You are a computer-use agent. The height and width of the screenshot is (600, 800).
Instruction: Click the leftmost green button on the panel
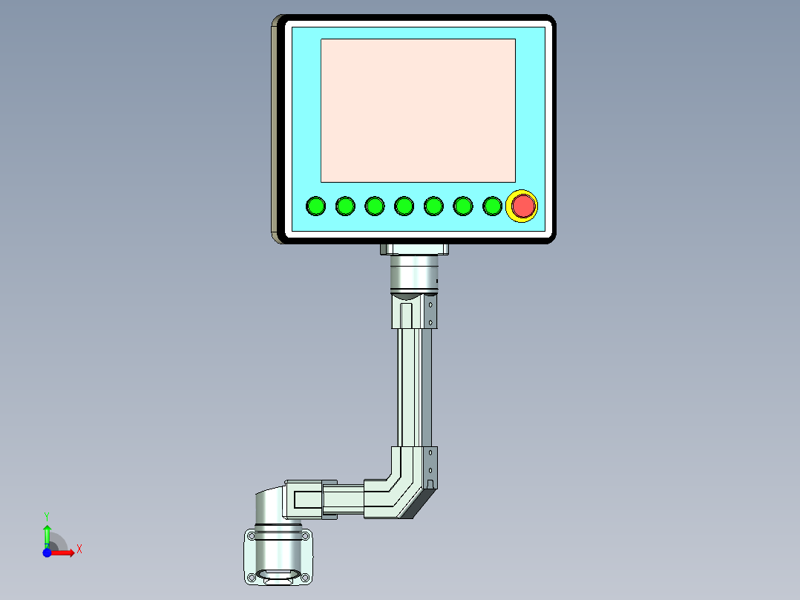(316, 206)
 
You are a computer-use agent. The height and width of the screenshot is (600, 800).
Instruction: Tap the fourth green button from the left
(404, 206)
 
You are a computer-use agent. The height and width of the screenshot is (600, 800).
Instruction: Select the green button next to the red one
(492, 206)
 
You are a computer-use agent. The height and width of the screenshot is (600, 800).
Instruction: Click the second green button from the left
(346, 206)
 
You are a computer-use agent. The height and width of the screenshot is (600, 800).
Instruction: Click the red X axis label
(79, 549)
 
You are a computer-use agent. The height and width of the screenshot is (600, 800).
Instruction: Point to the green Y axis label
(47, 515)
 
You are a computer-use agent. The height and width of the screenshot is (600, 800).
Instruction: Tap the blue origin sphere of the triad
(47, 553)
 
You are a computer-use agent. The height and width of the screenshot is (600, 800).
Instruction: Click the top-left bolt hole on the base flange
(251, 535)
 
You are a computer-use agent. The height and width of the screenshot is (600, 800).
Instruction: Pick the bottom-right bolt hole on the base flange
(304, 578)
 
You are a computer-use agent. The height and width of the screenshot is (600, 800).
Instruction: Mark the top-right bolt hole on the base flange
(304, 535)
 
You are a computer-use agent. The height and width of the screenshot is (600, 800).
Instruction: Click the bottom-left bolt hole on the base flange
(251, 578)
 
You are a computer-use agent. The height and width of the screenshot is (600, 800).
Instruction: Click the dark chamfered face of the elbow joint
(418, 505)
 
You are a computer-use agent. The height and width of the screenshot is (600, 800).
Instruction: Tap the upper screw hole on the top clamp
(431, 304)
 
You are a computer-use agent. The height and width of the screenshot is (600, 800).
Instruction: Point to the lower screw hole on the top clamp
(431, 322)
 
